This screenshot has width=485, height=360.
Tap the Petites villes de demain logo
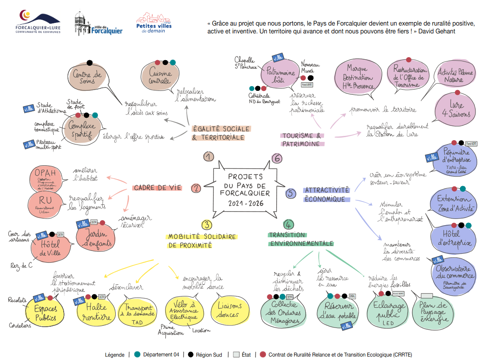tap(154, 22)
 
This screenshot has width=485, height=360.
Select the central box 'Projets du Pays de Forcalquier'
tap(246, 190)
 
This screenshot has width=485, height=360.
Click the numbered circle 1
tap(209, 157)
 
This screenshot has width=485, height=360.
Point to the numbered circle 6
tap(277, 158)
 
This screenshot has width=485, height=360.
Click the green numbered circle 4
tap(288, 225)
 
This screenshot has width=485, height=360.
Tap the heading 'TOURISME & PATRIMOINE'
tap(302, 139)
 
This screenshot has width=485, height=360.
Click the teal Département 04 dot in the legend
tap(137, 354)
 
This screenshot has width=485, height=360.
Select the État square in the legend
tap(236, 354)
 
